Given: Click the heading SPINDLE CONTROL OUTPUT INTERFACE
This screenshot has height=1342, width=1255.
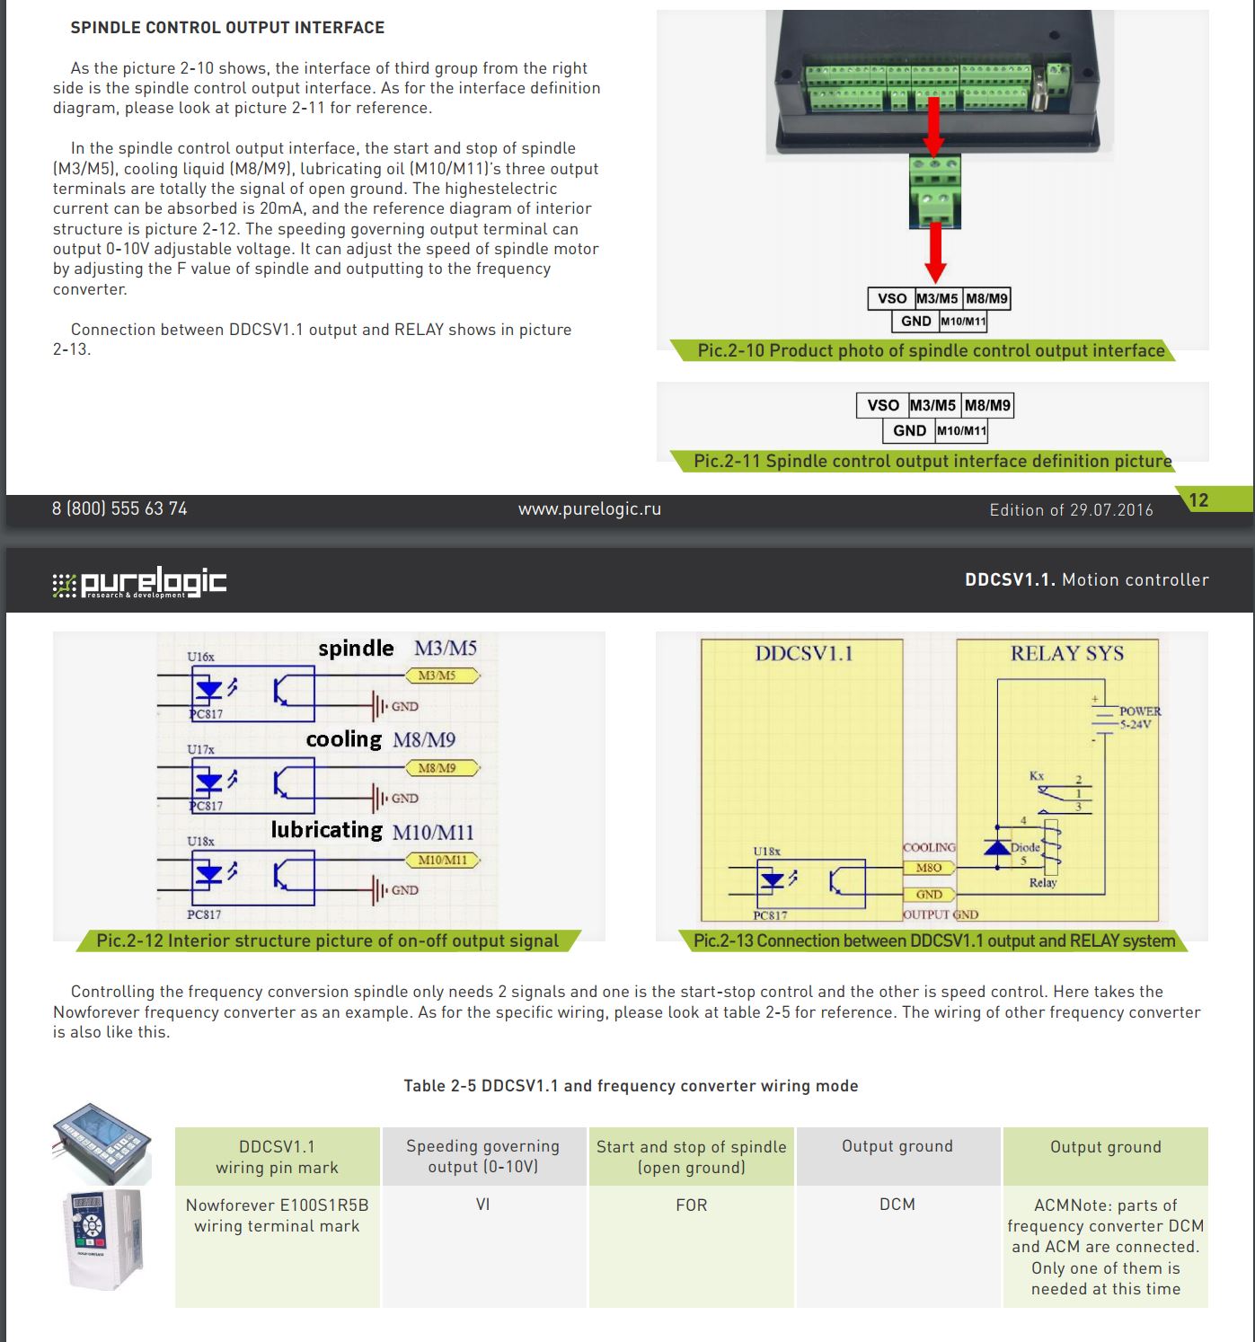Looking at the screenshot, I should pos(227,28).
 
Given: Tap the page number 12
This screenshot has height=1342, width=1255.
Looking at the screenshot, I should pos(1198,500).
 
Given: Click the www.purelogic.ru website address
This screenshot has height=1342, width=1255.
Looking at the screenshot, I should pos(589,508).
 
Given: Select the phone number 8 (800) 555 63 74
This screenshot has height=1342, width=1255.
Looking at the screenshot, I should pos(119,508).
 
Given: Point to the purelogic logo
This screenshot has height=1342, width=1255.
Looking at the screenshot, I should pos(139,583).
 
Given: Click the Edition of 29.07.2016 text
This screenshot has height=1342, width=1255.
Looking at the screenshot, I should pos(1071,509).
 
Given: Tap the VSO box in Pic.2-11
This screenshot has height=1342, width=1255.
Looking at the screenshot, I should pos(882,405).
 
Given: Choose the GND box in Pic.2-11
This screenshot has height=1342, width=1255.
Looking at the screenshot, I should pos(909,430).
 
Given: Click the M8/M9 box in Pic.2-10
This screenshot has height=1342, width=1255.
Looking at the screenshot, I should pos(986,298).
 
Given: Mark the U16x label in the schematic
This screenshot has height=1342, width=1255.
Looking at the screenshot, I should pos(200,657).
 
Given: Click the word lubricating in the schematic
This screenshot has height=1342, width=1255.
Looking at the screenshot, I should pos(327,830).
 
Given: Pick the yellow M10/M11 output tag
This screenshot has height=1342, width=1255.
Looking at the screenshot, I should pos(443,860).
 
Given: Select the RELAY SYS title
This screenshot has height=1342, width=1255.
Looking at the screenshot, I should pos(1066,653).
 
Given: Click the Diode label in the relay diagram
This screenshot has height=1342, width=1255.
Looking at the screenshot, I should pos(1025,846).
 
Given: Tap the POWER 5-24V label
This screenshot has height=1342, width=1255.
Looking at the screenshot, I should pos(1138,717).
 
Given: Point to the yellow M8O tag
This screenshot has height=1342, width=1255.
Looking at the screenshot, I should pos(928,868).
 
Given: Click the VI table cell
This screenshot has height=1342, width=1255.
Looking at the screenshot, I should pos(483,1205).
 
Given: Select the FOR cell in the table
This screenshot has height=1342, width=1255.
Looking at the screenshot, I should pos(691,1205).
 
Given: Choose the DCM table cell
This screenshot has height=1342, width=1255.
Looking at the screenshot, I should pos(897,1205).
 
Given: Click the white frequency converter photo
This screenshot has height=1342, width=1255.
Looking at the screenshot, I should pos(105,1240).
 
